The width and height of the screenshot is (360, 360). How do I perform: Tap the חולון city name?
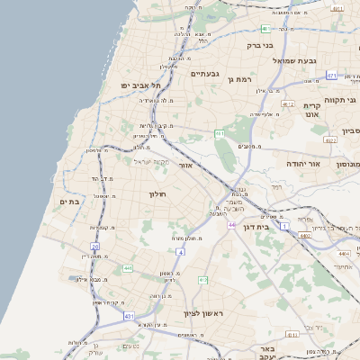pos(158,193)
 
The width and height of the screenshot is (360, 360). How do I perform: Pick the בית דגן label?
pos(256,227)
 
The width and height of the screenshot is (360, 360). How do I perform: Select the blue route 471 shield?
pos(331,76)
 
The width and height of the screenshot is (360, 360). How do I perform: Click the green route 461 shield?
pos(219,133)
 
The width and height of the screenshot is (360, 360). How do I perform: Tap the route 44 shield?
pos(231,224)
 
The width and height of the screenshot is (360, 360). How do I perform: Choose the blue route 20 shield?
pos(94,245)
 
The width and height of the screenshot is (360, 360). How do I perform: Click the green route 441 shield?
pos(128,268)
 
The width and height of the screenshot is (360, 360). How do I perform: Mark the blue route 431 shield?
pos(129,316)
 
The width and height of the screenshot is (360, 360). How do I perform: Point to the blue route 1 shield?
pos(286,226)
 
